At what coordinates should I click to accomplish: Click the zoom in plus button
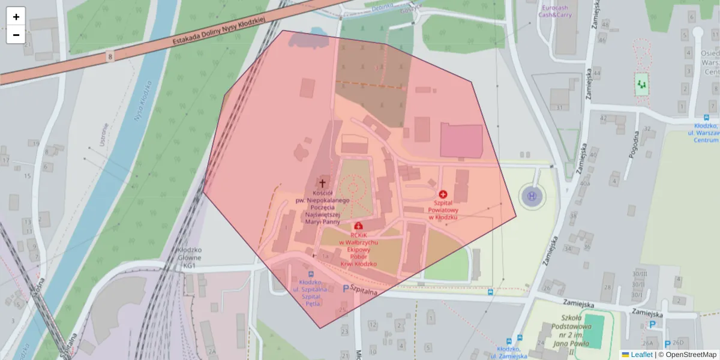point(16,16)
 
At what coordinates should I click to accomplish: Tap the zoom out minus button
point(16,35)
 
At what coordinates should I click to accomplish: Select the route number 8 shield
point(110,56)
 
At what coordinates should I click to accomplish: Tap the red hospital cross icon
point(443,194)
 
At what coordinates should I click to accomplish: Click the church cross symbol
point(322,183)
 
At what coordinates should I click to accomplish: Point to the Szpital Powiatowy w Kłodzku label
point(443,211)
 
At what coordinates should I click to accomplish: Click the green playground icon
point(643,85)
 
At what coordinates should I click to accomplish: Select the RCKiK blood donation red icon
point(359,226)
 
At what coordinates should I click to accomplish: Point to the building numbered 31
point(560,108)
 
